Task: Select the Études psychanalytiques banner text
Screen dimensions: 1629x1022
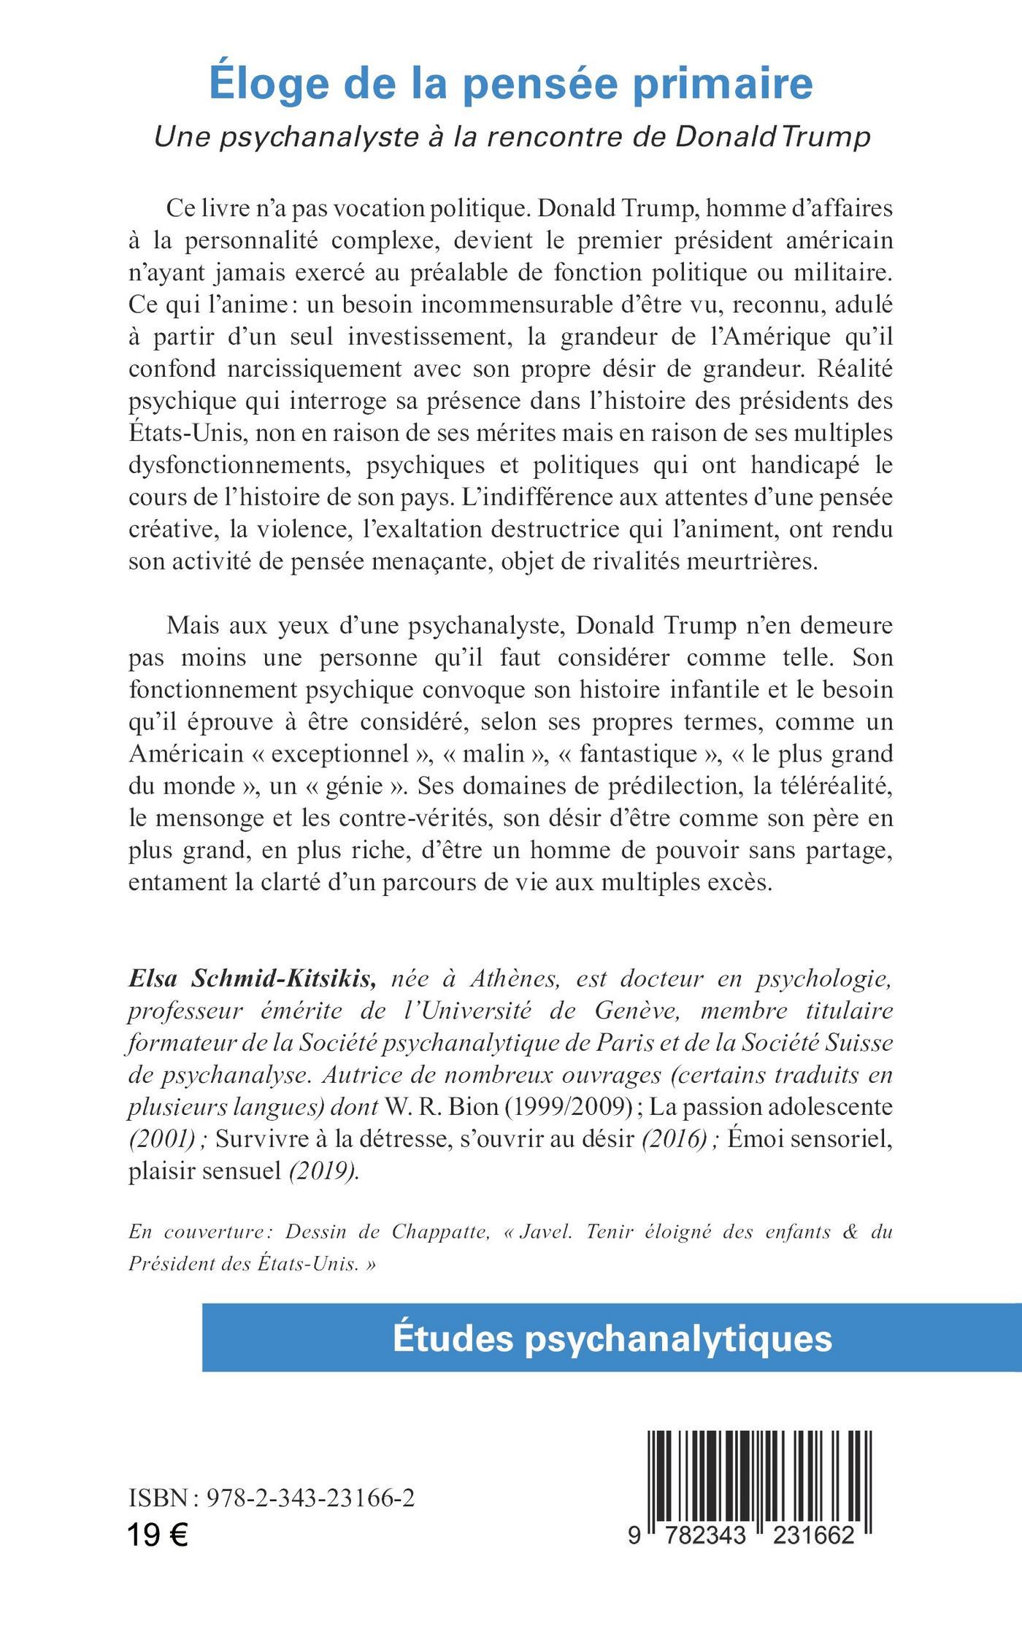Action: [x=612, y=1338]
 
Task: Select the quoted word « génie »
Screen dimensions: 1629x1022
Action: [x=356, y=786]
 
